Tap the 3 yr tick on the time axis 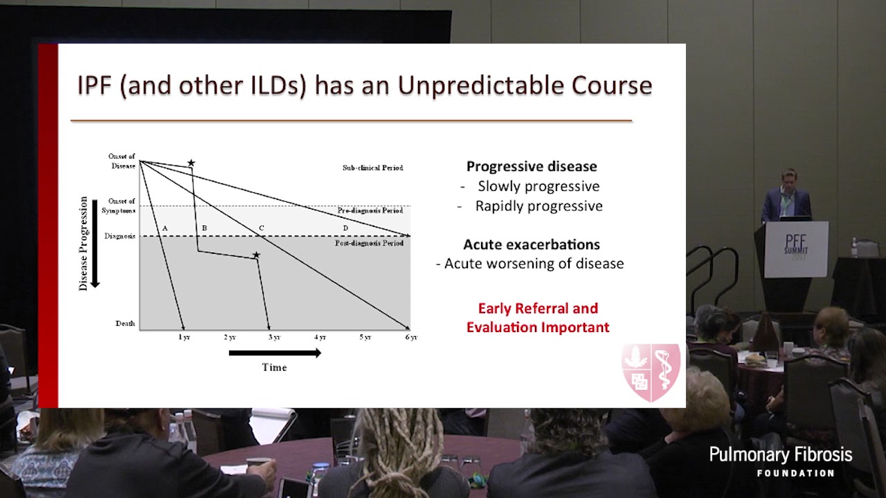pyautogui.click(x=275, y=338)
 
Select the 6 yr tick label pyautogui.click(x=410, y=338)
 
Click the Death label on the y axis pyautogui.click(x=125, y=324)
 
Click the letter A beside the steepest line pyautogui.click(x=165, y=228)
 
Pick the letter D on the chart pyautogui.click(x=345, y=228)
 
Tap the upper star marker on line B pyautogui.click(x=191, y=163)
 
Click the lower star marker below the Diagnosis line pyautogui.click(x=256, y=255)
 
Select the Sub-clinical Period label pyautogui.click(x=372, y=168)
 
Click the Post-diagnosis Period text pyautogui.click(x=369, y=243)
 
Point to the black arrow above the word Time pyautogui.click(x=274, y=353)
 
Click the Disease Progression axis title pyautogui.click(x=84, y=243)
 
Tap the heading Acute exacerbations pyautogui.click(x=531, y=244)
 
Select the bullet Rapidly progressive pyautogui.click(x=539, y=206)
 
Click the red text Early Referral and pyautogui.click(x=538, y=308)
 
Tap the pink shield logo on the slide pyautogui.click(x=651, y=372)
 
